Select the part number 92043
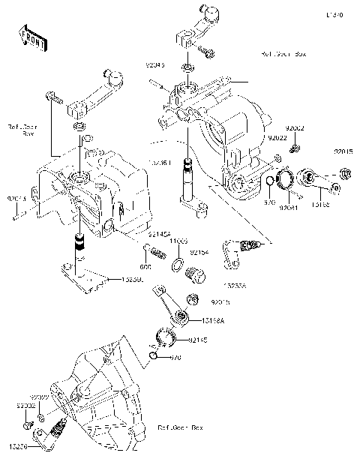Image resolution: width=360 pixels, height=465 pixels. [x=155, y=66]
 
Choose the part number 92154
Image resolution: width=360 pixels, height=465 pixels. [x=199, y=253]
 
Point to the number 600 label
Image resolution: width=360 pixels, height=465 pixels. [x=145, y=267]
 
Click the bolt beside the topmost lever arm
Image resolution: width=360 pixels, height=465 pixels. [x=206, y=52]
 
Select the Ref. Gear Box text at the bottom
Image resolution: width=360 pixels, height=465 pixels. [x=180, y=427]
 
